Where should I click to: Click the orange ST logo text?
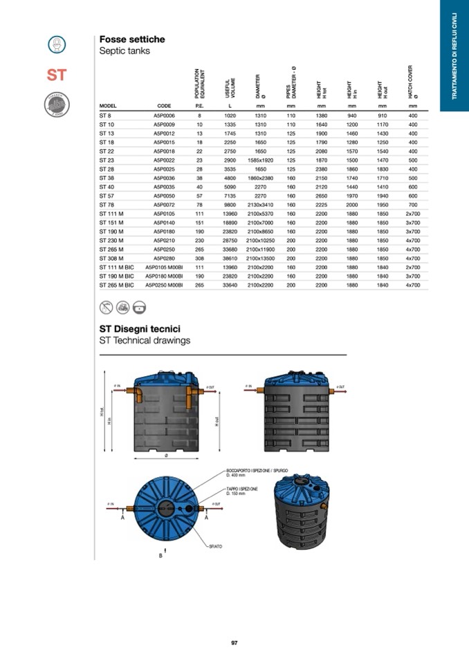point(57,75)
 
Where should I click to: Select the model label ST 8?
point(106,115)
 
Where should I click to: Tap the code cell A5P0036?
point(164,178)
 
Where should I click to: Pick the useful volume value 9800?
point(230,205)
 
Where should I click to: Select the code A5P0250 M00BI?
point(164,285)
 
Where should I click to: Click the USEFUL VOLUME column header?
point(230,86)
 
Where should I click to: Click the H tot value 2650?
point(321,196)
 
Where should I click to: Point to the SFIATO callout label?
point(216,546)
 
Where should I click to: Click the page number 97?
point(234,643)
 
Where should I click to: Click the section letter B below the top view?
point(160,555)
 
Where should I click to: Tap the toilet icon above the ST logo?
point(57,44)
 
